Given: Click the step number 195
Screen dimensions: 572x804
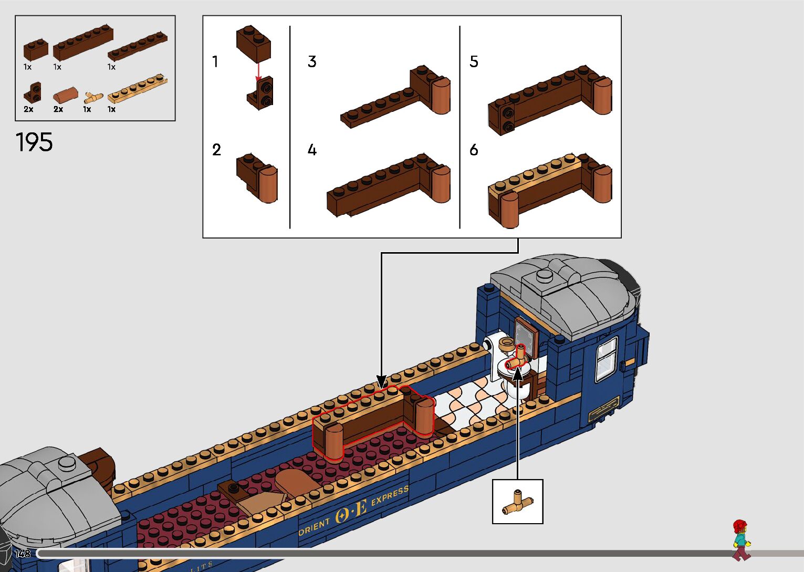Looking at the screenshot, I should (34, 142).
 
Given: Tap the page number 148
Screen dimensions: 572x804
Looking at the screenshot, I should (23, 554).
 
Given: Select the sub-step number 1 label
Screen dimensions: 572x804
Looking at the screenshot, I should (215, 62).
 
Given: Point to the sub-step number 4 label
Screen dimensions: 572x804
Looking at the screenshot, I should (312, 151).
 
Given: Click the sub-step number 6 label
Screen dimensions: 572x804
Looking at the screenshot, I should (474, 151).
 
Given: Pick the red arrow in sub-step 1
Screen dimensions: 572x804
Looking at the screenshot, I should (258, 71).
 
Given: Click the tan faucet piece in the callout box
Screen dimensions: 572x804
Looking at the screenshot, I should (517, 502).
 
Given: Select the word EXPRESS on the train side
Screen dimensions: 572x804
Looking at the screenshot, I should (390, 495).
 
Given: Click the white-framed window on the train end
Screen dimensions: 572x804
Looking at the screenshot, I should (606, 359).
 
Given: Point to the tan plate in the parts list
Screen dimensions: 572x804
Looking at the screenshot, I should (138, 90).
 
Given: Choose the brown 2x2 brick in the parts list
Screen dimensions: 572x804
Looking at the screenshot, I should (36, 50).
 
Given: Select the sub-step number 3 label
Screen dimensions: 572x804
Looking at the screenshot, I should (312, 62).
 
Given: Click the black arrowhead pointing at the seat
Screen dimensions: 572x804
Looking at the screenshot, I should (382, 381).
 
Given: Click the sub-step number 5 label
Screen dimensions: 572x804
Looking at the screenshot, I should (474, 62).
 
